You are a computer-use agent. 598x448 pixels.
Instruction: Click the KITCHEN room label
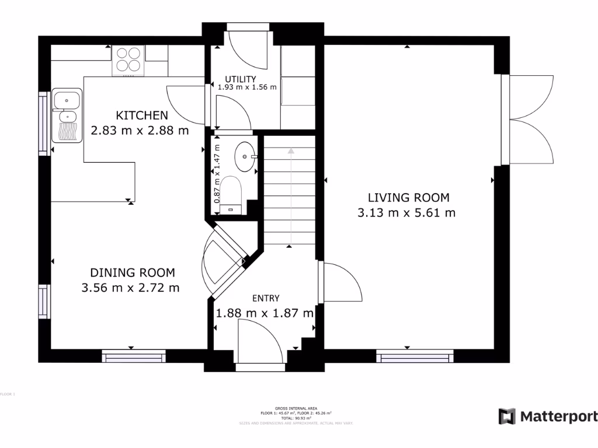[142, 116]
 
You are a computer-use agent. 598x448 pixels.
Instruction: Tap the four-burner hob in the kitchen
[128, 60]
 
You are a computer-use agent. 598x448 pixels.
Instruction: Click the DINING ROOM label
[132, 272]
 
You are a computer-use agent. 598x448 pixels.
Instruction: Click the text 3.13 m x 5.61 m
[406, 213]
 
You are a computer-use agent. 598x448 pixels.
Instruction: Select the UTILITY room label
[241, 79]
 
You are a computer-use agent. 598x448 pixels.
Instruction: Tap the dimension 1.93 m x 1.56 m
[246, 87]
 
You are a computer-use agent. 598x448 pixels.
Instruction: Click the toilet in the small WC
[232, 192]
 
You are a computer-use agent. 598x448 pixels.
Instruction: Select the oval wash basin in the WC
[245, 156]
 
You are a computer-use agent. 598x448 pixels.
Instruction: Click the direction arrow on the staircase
[290, 153]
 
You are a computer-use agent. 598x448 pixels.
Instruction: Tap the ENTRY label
[266, 299]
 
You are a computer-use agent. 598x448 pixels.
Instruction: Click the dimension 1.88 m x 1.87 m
[265, 313]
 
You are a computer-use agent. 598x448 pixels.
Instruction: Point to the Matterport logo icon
[507, 416]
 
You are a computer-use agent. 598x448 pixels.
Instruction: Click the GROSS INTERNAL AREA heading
[295, 409]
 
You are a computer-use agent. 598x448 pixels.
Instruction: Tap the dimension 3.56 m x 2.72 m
[131, 287]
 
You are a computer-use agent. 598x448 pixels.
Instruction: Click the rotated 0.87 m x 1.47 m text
[217, 174]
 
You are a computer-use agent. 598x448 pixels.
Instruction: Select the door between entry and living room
[342, 282]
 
